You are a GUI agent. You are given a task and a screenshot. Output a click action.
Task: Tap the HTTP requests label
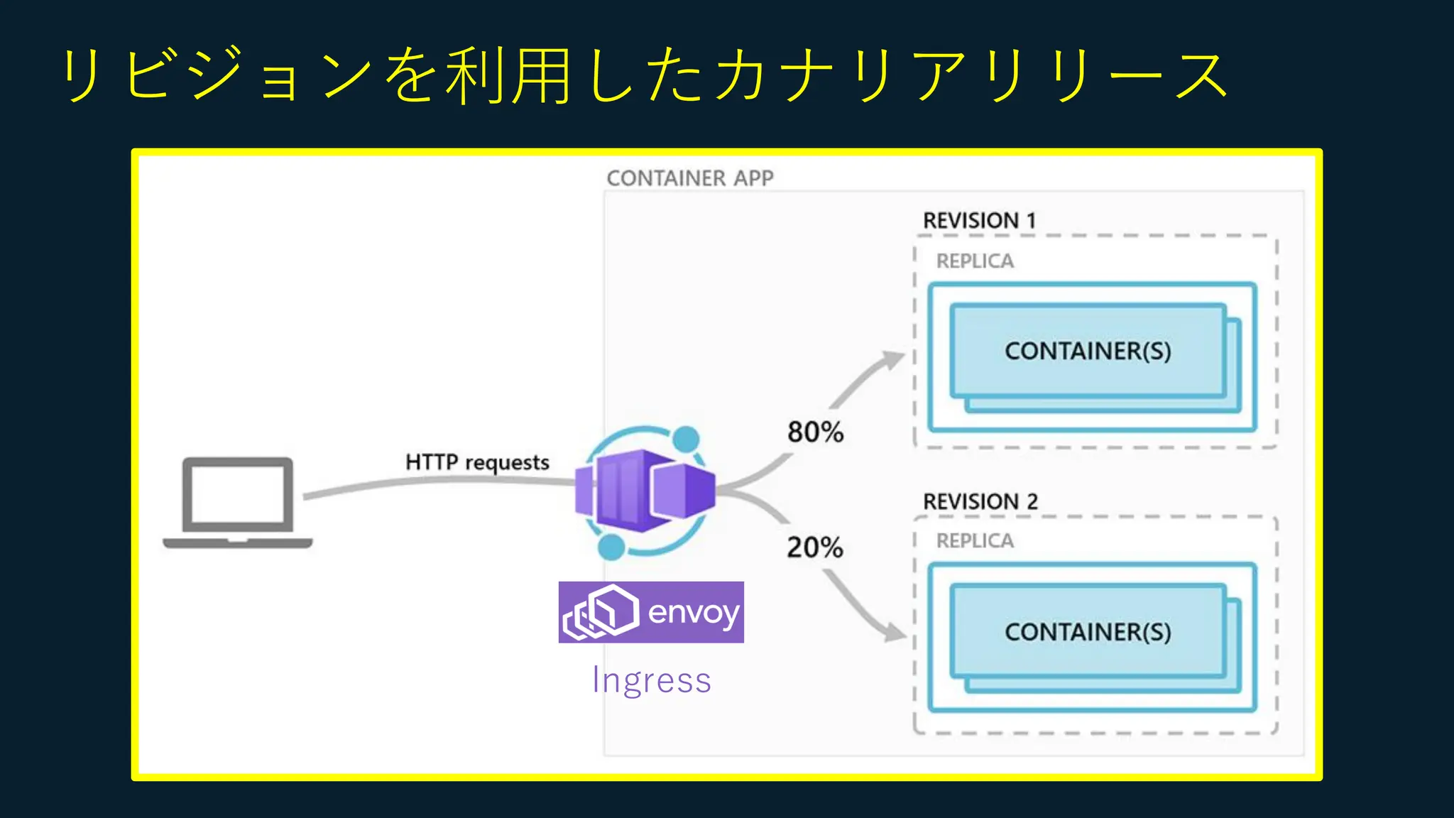click(x=477, y=462)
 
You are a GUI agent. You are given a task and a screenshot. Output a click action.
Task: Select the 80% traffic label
click(x=815, y=432)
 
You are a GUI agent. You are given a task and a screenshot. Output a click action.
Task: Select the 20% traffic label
click(x=815, y=547)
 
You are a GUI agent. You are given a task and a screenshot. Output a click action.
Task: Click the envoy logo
click(x=651, y=612)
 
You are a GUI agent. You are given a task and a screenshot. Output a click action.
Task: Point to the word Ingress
click(x=651, y=680)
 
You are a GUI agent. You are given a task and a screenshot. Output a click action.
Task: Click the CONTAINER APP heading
click(x=689, y=178)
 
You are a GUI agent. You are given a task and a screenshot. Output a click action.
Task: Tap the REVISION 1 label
click(x=979, y=221)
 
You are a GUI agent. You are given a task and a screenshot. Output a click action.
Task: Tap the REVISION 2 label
click(x=980, y=501)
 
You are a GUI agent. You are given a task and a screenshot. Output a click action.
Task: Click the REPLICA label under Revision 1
click(x=975, y=261)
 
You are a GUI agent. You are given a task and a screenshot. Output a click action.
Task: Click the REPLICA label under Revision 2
click(x=975, y=541)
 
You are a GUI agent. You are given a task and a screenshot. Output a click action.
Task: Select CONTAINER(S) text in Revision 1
click(x=1088, y=351)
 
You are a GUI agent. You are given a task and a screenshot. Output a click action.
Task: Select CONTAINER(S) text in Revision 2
click(x=1088, y=631)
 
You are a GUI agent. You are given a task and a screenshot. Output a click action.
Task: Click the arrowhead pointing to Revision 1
click(x=892, y=359)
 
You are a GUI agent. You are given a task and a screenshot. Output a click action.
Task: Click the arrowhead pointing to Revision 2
click(x=895, y=631)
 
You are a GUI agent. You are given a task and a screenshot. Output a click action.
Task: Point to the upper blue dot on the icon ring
click(x=686, y=438)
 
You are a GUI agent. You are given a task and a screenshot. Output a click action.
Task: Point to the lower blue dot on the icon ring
click(x=611, y=547)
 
